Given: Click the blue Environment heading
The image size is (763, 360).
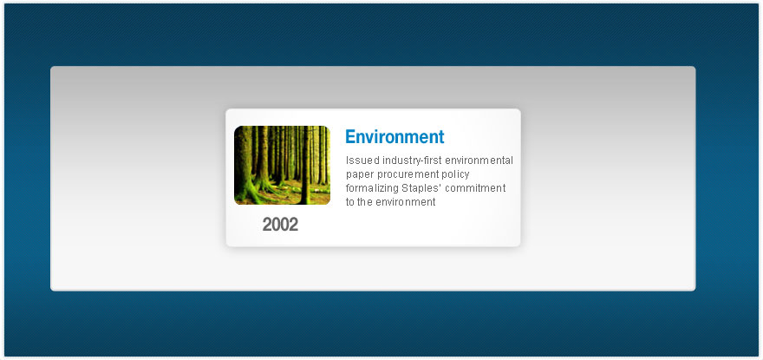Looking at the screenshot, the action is coord(395,137).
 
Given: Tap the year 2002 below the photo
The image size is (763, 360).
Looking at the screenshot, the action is coord(280,225).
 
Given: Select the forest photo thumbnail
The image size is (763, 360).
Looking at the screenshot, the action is coord(283,165).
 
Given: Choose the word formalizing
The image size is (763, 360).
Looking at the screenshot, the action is coord(372,188).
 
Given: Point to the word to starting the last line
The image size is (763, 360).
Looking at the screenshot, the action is coord(350,202).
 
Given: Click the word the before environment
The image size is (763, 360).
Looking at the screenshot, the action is coord(364,201).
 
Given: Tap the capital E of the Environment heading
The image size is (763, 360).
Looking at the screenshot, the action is coord(350,137).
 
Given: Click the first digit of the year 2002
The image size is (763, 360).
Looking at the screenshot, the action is coord(267,225).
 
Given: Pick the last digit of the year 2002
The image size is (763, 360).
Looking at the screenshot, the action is coord(294,225).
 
